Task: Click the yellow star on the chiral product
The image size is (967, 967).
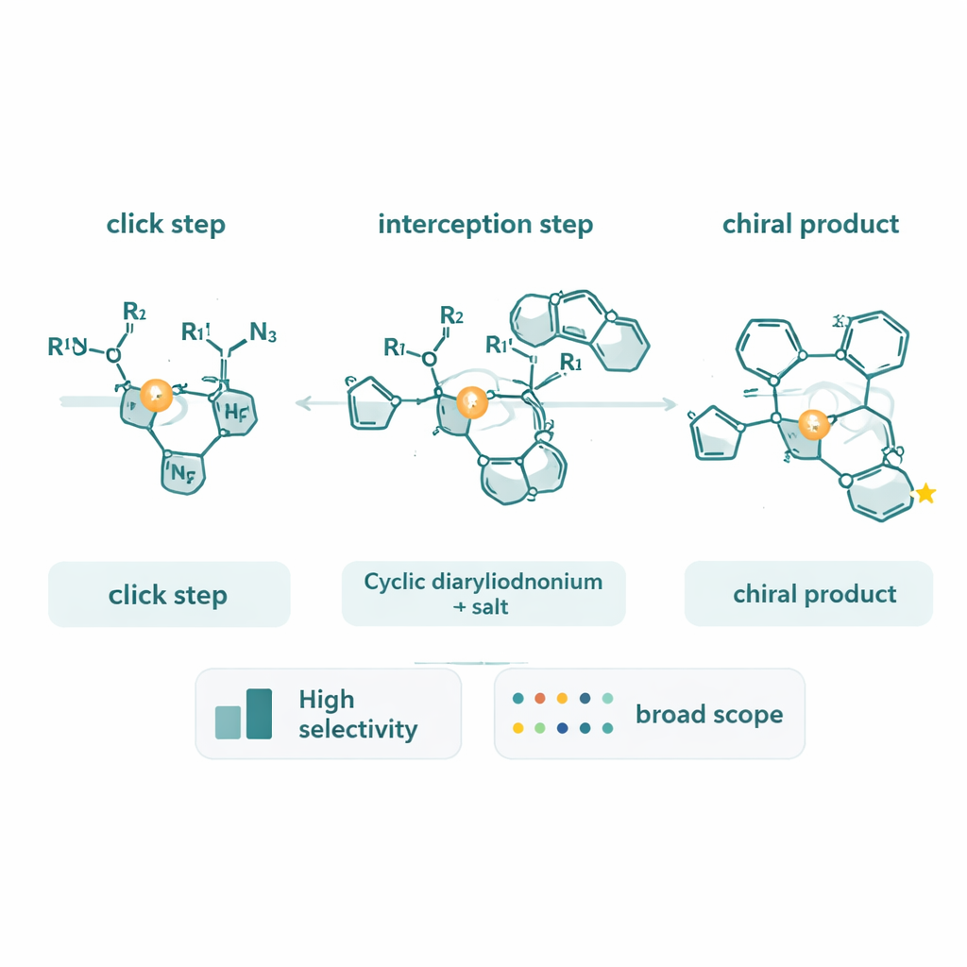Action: (x=925, y=493)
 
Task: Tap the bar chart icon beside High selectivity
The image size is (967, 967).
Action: (x=245, y=714)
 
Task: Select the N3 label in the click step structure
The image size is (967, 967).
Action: (x=263, y=333)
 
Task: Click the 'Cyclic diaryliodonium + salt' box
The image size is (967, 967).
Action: (x=483, y=593)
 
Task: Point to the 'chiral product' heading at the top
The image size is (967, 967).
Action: (x=810, y=224)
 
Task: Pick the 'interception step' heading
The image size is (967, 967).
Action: (x=485, y=224)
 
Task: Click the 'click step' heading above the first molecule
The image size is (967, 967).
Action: (x=165, y=224)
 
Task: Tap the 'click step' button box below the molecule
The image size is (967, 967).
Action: (x=168, y=595)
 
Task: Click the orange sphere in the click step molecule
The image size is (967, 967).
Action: (x=156, y=395)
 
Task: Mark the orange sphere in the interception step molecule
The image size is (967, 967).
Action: (x=471, y=403)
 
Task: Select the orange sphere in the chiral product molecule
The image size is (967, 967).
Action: (x=811, y=426)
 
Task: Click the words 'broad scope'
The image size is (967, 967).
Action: (x=708, y=714)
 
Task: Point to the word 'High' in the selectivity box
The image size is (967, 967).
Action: (x=326, y=700)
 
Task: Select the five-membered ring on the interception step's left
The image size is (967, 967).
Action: (x=368, y=404)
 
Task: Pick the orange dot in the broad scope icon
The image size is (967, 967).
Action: (x=540, y=699)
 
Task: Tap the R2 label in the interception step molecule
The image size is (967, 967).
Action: (x=452, y=315)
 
